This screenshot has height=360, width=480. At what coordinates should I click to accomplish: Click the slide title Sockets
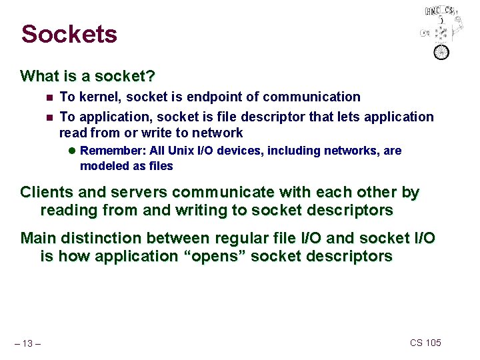click(69, 33)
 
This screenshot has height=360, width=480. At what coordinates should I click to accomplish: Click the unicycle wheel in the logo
click(441, 51)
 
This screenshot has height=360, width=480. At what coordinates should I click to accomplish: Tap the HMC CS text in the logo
click(440, 11)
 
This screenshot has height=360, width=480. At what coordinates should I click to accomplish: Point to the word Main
click(38, 238)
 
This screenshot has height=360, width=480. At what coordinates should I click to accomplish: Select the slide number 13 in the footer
click(29, 343)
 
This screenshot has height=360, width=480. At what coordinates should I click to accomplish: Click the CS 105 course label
click(425, 343)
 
